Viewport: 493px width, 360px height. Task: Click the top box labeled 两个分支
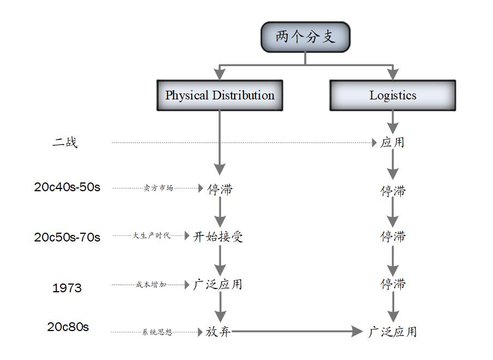coord(305,37)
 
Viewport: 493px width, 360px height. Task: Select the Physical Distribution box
coord(219,96)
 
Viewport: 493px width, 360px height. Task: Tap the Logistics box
coord(393,96)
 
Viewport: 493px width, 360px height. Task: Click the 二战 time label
coord(65,143)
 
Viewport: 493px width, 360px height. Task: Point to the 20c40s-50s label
coord(67,187)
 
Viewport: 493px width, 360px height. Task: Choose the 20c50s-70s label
coord(67,237)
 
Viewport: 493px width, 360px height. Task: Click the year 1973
coord(67,287)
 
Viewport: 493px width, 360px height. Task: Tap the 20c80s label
coord(68,327)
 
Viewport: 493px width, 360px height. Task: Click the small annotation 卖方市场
coord(158,188)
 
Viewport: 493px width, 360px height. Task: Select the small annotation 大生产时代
coord(151,236)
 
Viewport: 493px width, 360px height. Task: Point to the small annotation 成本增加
coord(151,285)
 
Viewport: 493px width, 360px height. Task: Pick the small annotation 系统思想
coord(157,332)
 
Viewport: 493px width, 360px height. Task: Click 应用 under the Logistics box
coord(393,143)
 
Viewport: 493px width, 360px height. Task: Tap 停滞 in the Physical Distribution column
coord(219,190)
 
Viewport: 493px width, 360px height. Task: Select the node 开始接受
coord(218,237)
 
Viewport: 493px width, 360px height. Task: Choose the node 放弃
coord(218,332)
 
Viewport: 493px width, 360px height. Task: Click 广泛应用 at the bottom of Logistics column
coord(393,332)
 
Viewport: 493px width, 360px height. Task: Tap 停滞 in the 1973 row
coord(393,285)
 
